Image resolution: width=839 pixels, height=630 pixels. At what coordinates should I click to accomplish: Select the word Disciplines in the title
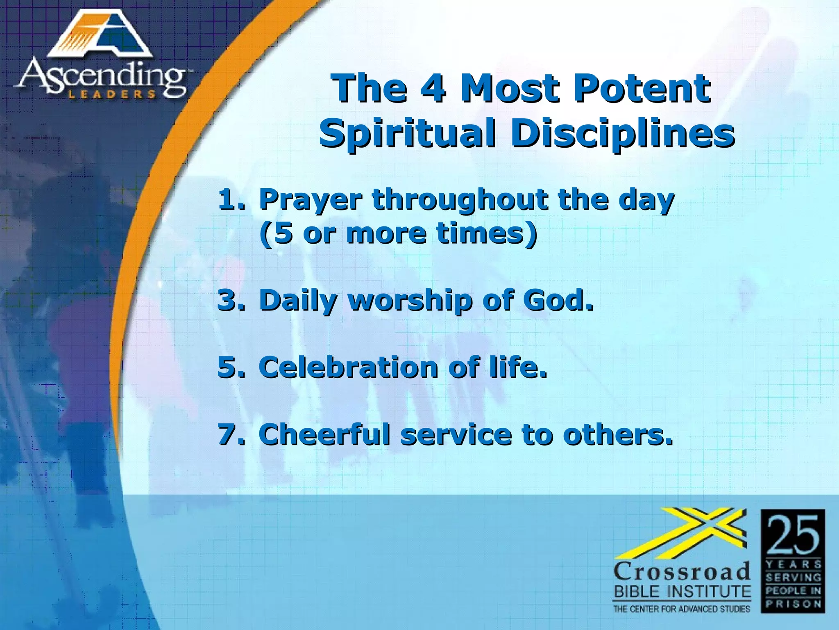click(622, 134)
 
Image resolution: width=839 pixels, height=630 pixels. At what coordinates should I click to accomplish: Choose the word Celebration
click(349, 367)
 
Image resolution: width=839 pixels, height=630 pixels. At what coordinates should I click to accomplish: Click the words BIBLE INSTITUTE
click(682, 592)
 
